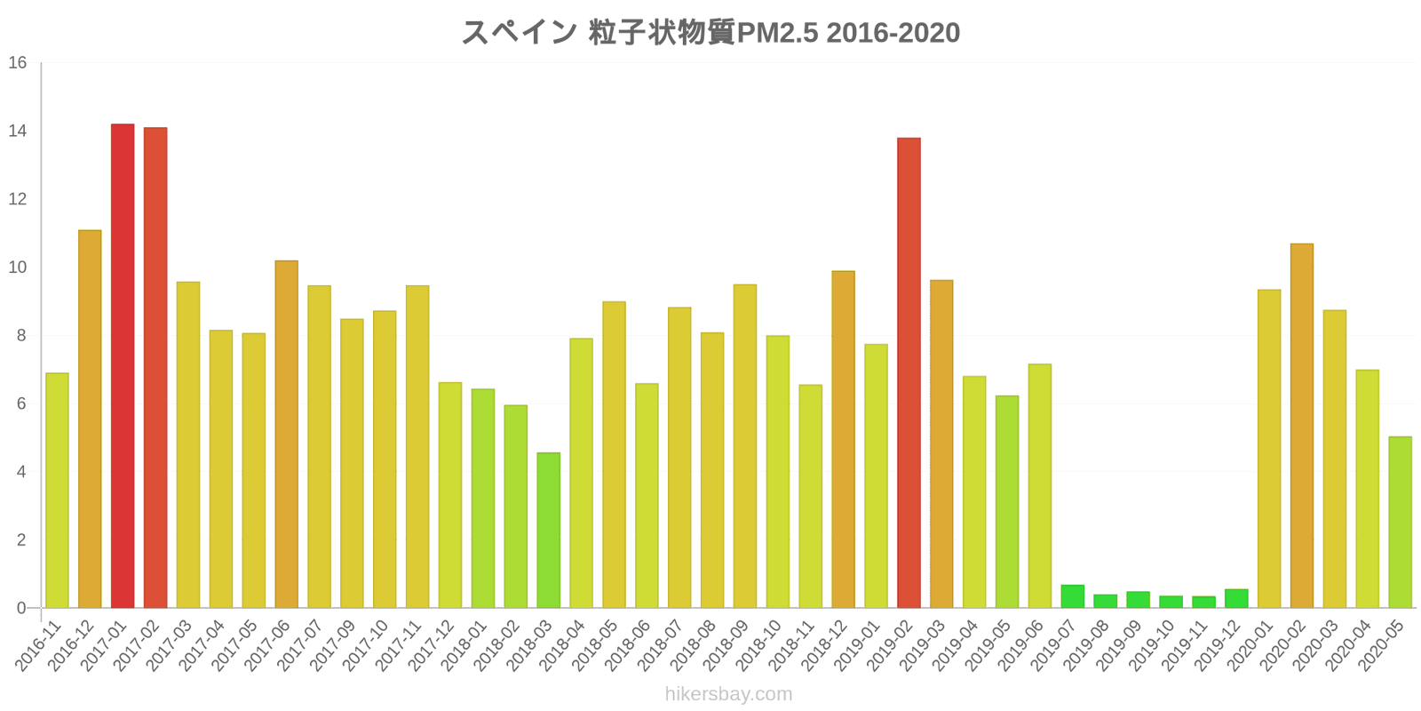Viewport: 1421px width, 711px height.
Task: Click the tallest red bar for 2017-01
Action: pyautogui.click(x=123, y=366)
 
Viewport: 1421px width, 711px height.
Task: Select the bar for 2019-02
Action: pyautogui.click(x=909, y=373)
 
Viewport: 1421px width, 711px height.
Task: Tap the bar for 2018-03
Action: pyautogui.click(x=548, y=531)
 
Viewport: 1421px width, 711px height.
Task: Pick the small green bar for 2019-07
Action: pyautogui.click(x=1072, y=596)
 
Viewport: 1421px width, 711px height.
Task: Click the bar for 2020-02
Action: pyautogui.click(x=1301, y=426)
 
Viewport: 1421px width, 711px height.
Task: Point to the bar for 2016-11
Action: pyautogui.click(x=57, y=491)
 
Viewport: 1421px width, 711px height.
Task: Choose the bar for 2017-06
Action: pyautogui.click(x=286, y=435)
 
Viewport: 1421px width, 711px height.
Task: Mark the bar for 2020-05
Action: pyautogui.click(x=1400, y=523)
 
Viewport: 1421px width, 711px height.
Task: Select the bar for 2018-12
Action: pyautogui.click(x=843, y=440)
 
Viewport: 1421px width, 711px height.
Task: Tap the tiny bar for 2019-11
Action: pyautogui.click(x=1203, y=603)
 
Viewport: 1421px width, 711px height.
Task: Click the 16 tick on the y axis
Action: pyautogui.click(x=18, y=63)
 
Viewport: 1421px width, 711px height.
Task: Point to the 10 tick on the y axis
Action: pyautogui.click(x=18, y=268)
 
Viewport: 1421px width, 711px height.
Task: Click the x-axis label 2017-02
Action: pyautogui.click(x=138, y=646)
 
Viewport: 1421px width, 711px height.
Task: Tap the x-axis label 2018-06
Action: pyautogui.click(x=629, y=646)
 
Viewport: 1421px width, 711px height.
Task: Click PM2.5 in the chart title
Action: pyautogui.click(x=777, y=33)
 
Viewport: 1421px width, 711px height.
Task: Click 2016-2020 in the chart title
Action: pyautogui.click(x=893, y=33)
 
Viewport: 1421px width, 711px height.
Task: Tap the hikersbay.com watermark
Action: pyautogui.click(x=728, y=694)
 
